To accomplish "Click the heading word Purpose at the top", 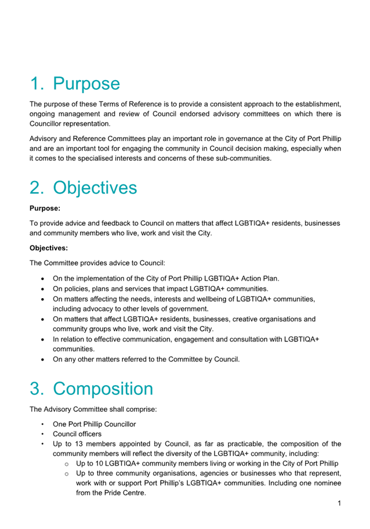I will [x=86, y=84].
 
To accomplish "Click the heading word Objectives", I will [x=95, y=188].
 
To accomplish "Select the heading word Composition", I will [x=103, y=389].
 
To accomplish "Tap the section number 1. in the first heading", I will [x=37, y=84].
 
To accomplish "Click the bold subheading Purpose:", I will [x=45, y=207].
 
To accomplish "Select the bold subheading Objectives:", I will [x=49, y=248].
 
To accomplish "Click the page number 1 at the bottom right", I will [x=339, y=503].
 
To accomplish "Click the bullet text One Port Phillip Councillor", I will [x=95, y=424].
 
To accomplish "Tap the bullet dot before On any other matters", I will [x=44, y=360].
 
